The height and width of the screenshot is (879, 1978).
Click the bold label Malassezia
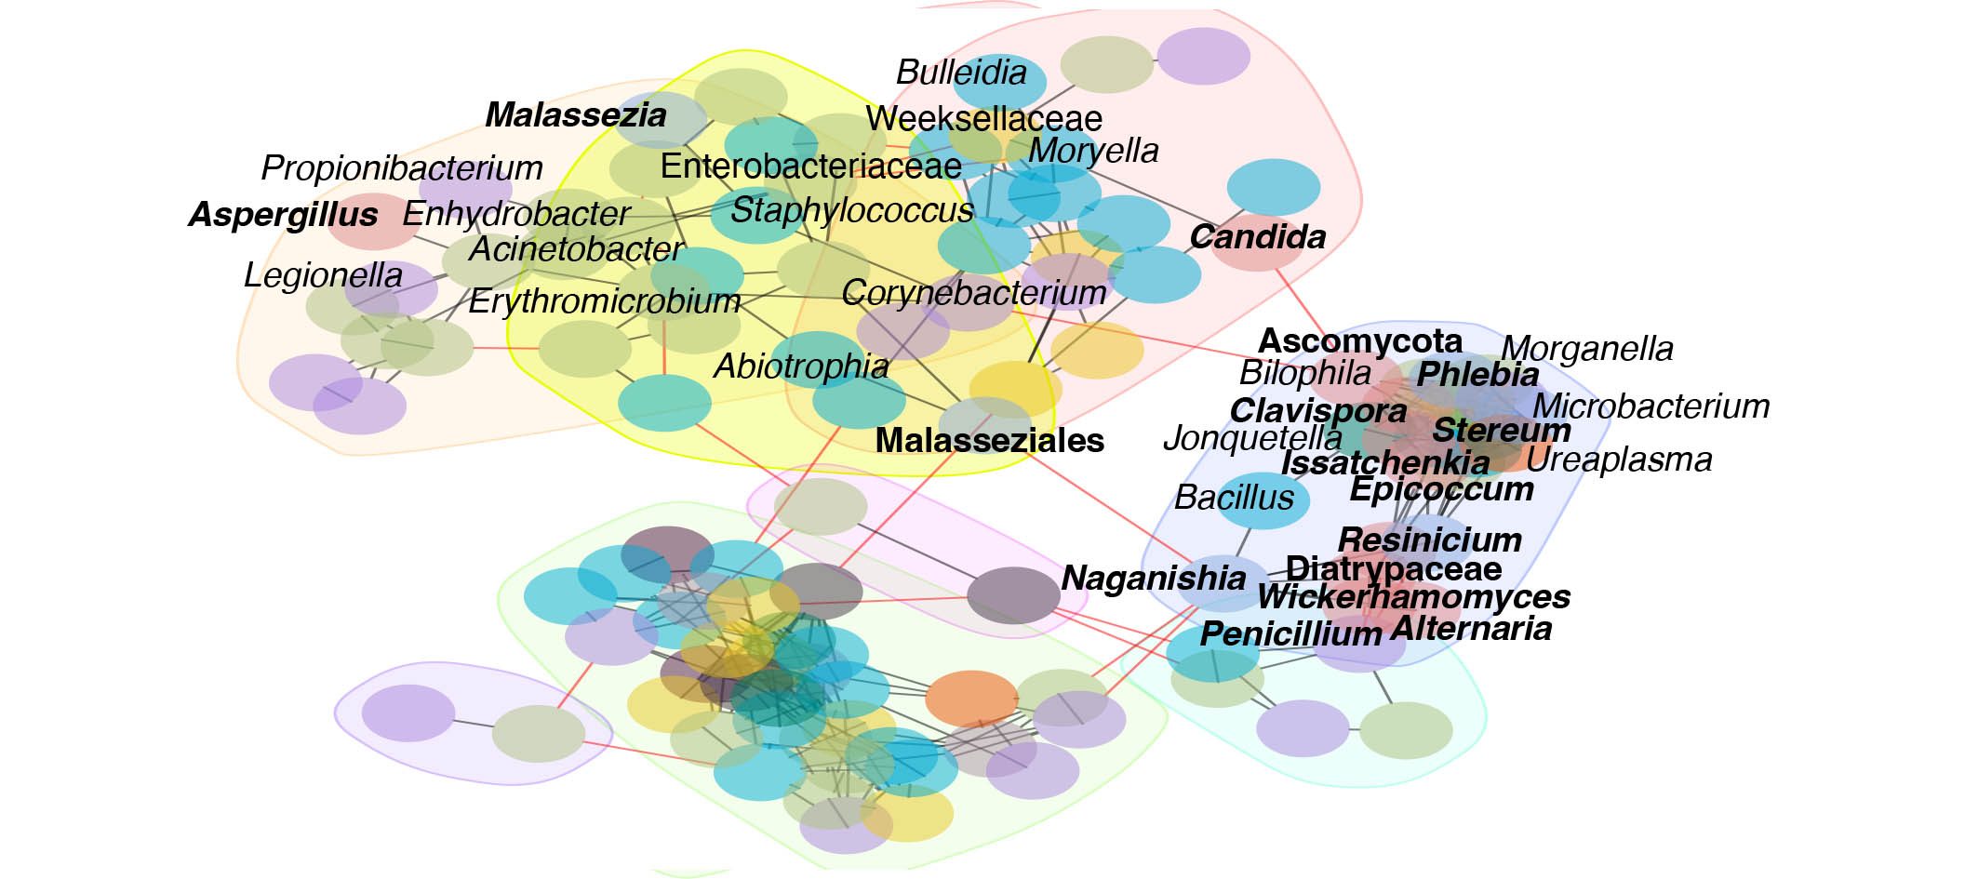click(576, 115)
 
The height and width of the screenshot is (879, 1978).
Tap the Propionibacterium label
click(402, 168)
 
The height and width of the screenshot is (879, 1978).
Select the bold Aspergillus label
click(284, 215)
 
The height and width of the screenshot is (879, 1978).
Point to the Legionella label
click(323, 275)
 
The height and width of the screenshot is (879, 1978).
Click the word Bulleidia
click(961, 73)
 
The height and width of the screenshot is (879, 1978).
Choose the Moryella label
click(1093, 151)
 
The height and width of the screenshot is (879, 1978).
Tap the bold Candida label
click(1258, 237)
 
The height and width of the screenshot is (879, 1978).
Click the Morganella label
click(1587, 349)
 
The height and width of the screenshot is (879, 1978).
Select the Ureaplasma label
click(1619, 459)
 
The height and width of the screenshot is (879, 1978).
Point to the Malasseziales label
click(990, 440)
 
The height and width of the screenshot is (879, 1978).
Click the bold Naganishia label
click(1154, 578)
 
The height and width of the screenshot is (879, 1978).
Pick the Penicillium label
click(1290, 633)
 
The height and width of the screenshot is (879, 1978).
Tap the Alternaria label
click(1471, 629)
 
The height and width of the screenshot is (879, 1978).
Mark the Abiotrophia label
click(801, 366)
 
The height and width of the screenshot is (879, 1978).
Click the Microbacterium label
click(1651, 406)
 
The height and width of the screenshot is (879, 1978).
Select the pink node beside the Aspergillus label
click(372, 220)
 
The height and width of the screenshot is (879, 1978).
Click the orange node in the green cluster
click(971, 699)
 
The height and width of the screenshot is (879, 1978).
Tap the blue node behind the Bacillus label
click(1263, 500)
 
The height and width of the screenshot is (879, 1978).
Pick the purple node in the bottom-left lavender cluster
click(408, 713)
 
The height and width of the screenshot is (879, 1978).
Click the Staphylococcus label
click(851, 211)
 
